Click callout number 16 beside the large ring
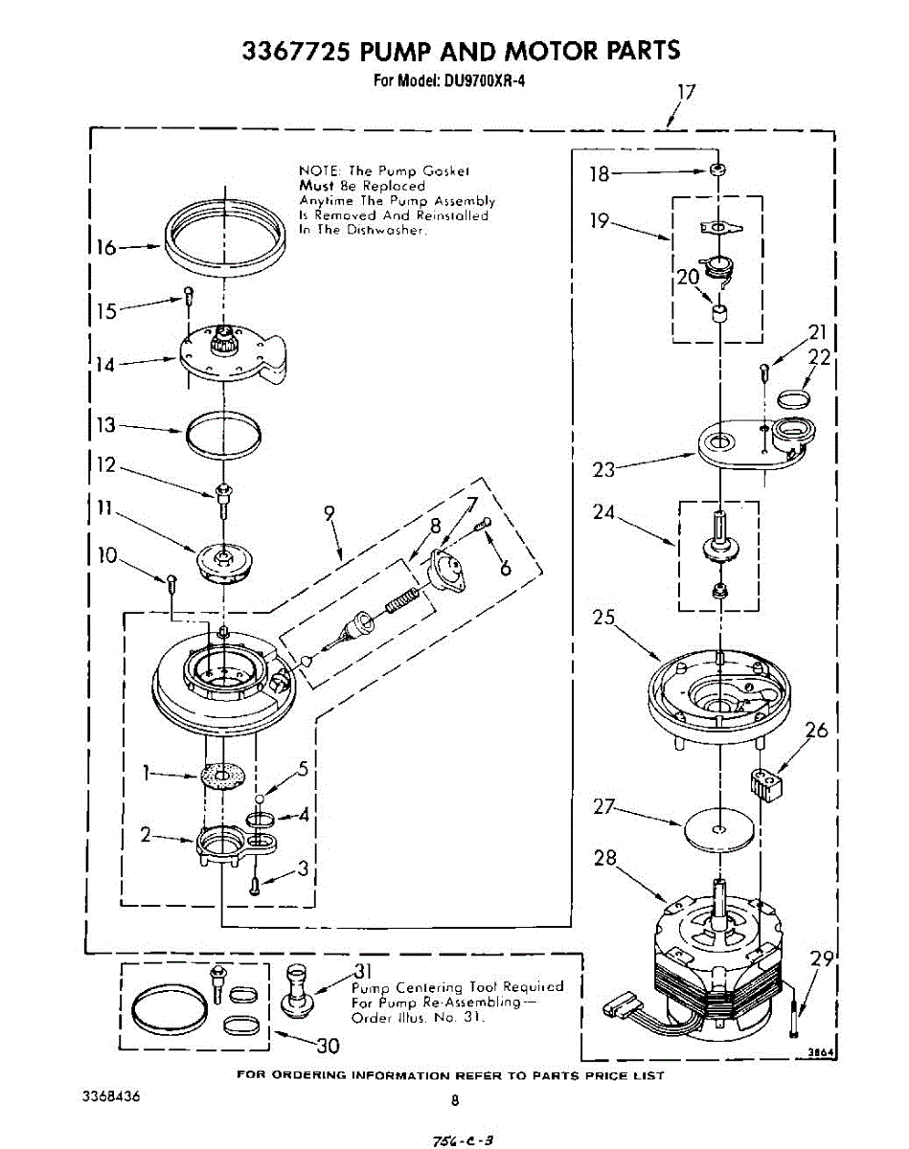click(x=104, y=248)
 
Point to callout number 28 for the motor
click(x=604, y=858)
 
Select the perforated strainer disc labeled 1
click(x=223, y=775)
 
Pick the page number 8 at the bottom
click(x=456, y=1101)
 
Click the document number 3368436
click(x=111, y=1096)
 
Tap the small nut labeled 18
click(x=716, y=170)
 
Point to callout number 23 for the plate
click(x=603, y=469)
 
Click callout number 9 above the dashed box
click(x=329, y=514)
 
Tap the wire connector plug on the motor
click(x=620, y=1007)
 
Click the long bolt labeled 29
click(x=795, y=1017)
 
